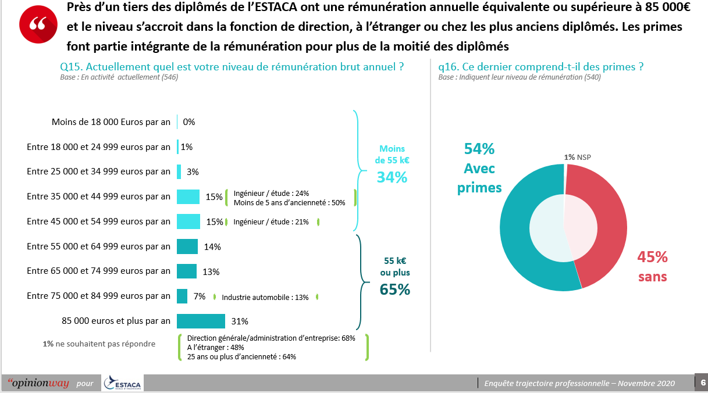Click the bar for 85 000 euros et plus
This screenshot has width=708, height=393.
pyautogui.click(x=201, y=321)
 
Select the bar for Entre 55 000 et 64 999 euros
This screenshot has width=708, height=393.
pyautogui.click(x=187, y=246)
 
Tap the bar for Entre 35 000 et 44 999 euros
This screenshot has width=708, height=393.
pyautogui.click(x=188, y=196)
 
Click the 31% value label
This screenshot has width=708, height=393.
pyautogui.click(x=240, y=321)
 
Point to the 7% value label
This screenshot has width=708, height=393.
pyautogui.click(x=200, y=296)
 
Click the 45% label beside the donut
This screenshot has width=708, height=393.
pyautogui.click(x=652, y=258)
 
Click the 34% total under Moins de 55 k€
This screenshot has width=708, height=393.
pyautogui.click(x=392, y=177)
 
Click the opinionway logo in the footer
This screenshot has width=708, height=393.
pyautogui.click(x=38, y=383)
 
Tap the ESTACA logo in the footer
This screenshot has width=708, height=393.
pyautogui.click(x=123, y=383)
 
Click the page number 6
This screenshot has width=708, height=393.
pyautogui.click(x=703, y=383)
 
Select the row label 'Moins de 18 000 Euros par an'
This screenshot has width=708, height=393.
pyautogui.click(x=111, y=122)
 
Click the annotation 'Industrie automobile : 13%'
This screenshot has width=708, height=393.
pyautogui.click(x=265, y=297)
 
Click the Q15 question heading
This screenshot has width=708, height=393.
pyautogui.click(x=232, y=67)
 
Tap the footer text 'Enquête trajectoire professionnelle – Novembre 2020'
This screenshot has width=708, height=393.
pyautogui.click(x=579, y=383)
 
